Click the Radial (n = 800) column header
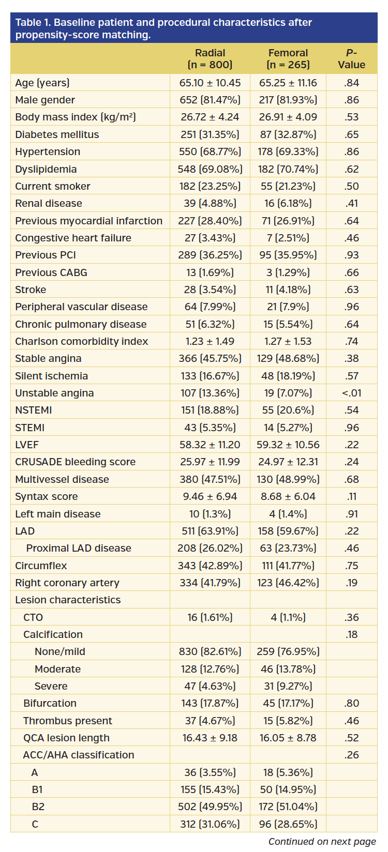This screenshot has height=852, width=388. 210,59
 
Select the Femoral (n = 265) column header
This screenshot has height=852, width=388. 288,59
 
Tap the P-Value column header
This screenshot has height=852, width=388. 351,59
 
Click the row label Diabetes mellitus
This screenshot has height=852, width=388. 57,134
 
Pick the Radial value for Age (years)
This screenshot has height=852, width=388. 210,83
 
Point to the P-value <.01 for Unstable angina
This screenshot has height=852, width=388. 351,393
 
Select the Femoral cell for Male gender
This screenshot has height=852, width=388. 288,100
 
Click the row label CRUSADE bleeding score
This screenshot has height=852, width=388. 75,462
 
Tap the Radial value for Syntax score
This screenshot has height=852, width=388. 210,496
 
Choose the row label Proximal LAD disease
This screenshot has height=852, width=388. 79,548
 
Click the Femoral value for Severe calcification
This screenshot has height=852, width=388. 288,686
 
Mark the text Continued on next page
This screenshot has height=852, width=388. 322,842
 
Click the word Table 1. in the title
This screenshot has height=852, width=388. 33,23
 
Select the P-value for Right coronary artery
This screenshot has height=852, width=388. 351,583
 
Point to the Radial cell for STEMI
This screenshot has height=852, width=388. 210,428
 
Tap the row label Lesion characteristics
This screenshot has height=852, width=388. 68,600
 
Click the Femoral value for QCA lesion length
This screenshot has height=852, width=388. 288,738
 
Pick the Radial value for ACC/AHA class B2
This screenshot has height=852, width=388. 210,807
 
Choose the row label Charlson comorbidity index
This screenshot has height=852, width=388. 81,341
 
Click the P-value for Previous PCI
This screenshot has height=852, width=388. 351,255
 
